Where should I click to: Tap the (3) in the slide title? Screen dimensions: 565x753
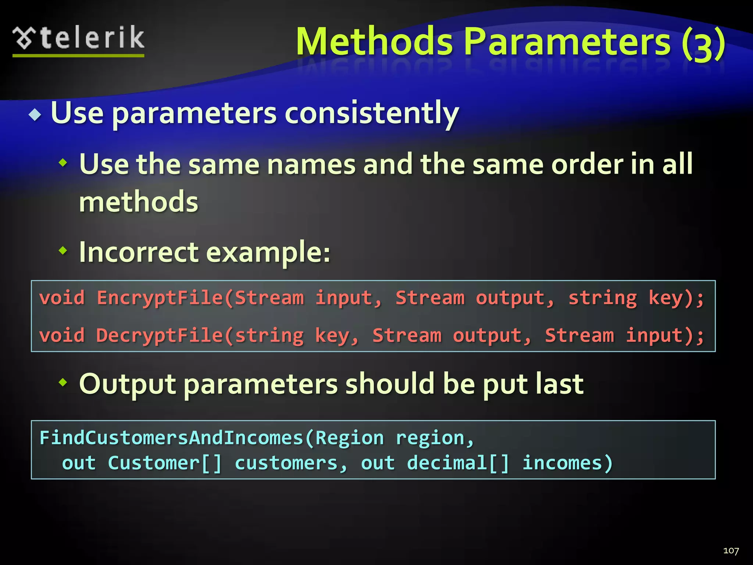click(703, 43)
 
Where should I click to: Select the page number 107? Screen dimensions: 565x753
click(731, 551)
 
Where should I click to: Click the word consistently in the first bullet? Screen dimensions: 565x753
click(371, 113)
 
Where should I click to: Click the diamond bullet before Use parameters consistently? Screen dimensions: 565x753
click(35, 115)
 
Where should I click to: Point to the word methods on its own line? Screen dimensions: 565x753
click(139, 202)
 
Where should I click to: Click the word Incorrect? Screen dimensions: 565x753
click(139, 252)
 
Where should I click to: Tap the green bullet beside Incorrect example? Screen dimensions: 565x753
click(63, 251)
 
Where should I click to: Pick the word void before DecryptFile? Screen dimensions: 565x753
click(62, 335)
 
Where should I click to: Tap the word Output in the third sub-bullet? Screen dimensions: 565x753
click(127, 384)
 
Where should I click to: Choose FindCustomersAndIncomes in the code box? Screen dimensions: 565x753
click(171, 438)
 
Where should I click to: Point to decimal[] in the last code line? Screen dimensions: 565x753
click(458, 463)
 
